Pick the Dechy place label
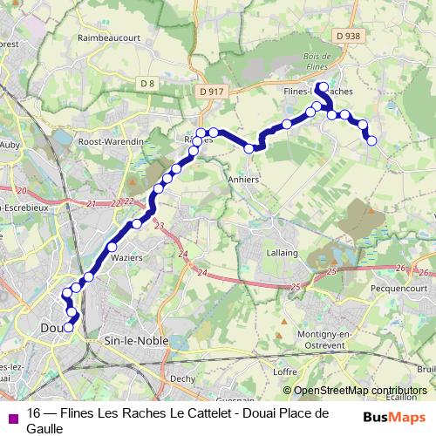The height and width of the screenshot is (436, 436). point(183,378)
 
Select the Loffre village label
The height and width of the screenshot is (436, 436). point(285,371)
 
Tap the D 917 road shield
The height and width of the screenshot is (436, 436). point(211,89)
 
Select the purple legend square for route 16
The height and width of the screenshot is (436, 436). point(12,417)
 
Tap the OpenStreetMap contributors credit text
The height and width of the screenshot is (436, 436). point(360,391)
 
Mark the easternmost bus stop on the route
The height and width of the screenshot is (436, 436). point(372,140)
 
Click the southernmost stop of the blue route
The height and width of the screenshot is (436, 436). point(68,328)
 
